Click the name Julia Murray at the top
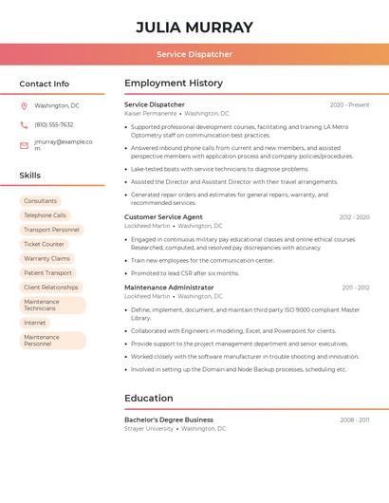pyautogui.click(x=194, y=27)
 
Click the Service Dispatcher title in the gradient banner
pyautogui.click(x=194, y=54)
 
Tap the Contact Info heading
pyautogui.click(x=45, y=84)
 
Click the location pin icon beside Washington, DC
pyautogui.click(x=24, y=106)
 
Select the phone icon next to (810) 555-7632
pyautogui.click(x=24, y=125)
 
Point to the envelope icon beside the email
pyautogui.click(x=24, y=145)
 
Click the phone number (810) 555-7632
pyautogui.click(x=54, y=125)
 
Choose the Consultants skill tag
pyautogui.click(x=40, y=201)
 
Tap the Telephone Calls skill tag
pyautogui.click(x=45, y=215)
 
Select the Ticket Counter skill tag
pyautogui.click(x=44, y=244)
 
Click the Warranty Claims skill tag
pyautogui.click(x=46, y=258)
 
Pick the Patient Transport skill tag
pyautogui.click(x=47, y=272)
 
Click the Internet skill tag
pyautogui.click(x=34, y=323)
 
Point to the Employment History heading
pyautogui.click(x=174, y=84)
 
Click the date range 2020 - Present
pyautogui.click(x=349, y=105)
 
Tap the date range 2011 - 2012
pyautogui.click(x=356, y=288)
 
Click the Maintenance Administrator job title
pyautogui.click(x=169, y=288)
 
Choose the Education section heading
pyautogui.click(x=149, y=399)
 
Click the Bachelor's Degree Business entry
pyautogui.click(x=169, y=419)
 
